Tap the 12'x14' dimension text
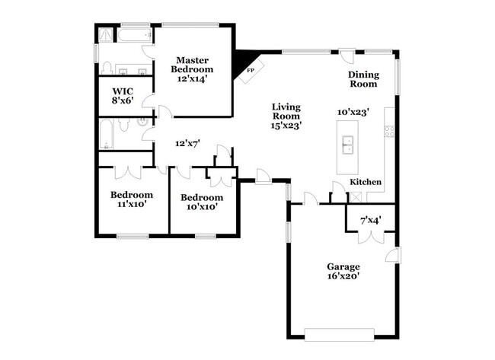pos(193,78)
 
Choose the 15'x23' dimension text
pos(286,126)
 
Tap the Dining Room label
pos(363,78)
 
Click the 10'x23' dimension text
pos(353,112)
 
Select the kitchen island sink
pos(348,144)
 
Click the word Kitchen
pos(366,183)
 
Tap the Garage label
pos(343,266)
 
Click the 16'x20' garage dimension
pos(343,276)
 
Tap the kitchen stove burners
pos(390,130)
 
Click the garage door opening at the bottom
pos(339,333)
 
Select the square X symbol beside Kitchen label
pos(355,197)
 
